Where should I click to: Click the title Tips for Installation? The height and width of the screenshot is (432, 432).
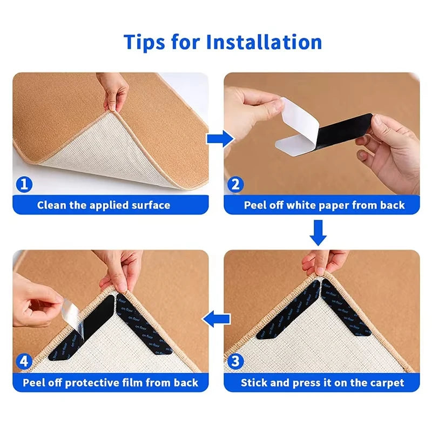click(222, 42)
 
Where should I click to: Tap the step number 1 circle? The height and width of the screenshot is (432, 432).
click(23, 185)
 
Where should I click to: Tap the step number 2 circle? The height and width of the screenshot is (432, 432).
click(235, 185)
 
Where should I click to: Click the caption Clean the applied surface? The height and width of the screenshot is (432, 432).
click(104, 205)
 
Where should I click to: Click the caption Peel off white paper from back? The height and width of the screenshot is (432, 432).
click(324, 205)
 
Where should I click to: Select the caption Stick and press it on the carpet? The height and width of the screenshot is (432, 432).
click(322, 383)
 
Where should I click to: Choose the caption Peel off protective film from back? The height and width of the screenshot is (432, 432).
click(111, 383)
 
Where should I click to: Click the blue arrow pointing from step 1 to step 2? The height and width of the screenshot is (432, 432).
click(218, 139)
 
